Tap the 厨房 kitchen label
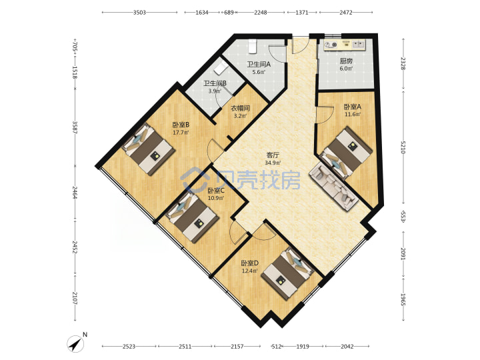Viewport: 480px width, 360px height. coord(346,61)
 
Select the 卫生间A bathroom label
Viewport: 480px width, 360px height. coord(259,65)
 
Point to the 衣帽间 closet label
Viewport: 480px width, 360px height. coord(240,108)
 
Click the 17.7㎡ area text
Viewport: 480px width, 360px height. coord(181,133)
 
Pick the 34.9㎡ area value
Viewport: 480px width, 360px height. coord(273,163)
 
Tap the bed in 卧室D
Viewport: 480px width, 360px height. coord(288,273)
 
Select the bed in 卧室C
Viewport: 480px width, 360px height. coord(192,217)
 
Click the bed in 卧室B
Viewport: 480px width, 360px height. coord(149,149)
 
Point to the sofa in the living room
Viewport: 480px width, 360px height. coord(334,187)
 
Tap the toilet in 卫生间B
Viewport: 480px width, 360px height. coord(220,69)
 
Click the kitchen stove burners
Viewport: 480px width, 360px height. coord(330,45)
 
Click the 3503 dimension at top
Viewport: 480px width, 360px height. coord(139,13)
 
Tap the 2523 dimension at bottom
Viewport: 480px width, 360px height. coord(129,347)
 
